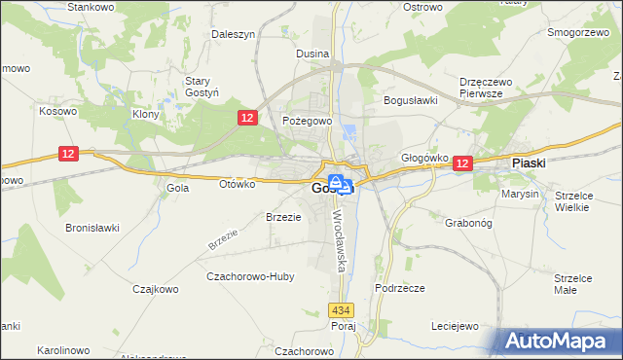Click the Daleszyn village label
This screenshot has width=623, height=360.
pos(234,33)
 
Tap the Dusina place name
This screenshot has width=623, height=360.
pos(311,54)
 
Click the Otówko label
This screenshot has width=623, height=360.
pos(238,183)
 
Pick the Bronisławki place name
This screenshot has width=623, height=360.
pos(92,228)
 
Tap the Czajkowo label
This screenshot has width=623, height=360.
pos(154,289)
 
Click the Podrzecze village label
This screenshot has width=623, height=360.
pos(399,289)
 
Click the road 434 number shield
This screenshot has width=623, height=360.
pos(340,310)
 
